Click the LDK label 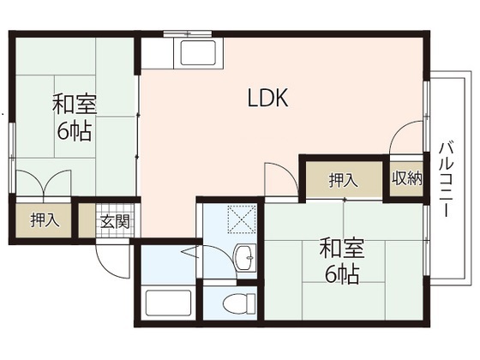267,99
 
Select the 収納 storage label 408,179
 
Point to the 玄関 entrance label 114,220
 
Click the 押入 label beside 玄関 45,220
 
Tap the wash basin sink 244,256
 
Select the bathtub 167,304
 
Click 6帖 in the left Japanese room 75,131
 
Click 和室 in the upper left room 75,105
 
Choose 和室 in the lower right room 341,249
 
